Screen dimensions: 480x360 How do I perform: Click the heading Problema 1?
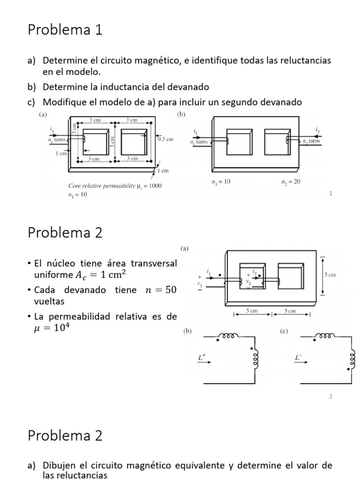click(x=65, y=30)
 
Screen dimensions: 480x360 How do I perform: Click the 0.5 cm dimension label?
click(x=165, y=139)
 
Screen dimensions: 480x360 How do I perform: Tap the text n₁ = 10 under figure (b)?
click(x=221, y=182)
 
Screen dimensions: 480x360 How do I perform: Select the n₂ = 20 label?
click(x=291, y=182)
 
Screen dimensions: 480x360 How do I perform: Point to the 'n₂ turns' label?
click(x=311, y=141)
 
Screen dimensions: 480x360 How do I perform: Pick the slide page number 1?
click(x=330, y=193)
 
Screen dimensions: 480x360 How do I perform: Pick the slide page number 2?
click(x=330, y=396)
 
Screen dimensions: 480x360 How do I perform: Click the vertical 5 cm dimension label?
click(x=330, y=275)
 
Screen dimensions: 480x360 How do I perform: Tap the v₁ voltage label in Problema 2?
click(x=200, y=284)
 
